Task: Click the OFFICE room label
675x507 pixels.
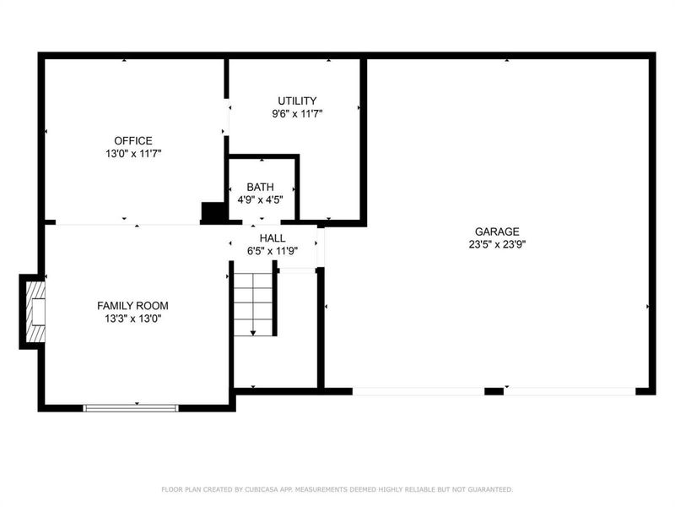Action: (x=133, y=141)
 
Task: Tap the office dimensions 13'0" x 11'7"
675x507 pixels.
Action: (x=133, y=155)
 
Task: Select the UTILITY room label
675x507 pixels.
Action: (x=297, y=101)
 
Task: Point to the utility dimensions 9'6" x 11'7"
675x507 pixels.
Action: (x=297, y=113)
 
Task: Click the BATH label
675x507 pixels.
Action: (x=260, y=188)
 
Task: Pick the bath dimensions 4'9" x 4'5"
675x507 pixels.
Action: (x=260, y=200)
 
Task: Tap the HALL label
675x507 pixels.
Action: (x=273, y=238)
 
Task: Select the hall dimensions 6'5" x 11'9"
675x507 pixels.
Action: (x=273, y=251)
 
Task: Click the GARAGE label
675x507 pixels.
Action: (x=497, y=231)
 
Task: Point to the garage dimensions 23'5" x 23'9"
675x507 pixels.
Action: (x=497, y=244)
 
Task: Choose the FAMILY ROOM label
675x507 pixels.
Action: (x=132, y=306)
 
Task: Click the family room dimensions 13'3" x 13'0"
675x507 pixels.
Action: (x=132, y=319)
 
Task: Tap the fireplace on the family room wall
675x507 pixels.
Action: (x=35, y=311)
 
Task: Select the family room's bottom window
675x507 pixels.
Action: (x=131, y=408)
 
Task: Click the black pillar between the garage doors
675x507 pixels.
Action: (x=494, y=391)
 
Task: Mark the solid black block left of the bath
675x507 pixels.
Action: (x=213, y=213)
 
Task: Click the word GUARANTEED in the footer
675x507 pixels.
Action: (x=488, y=490)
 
